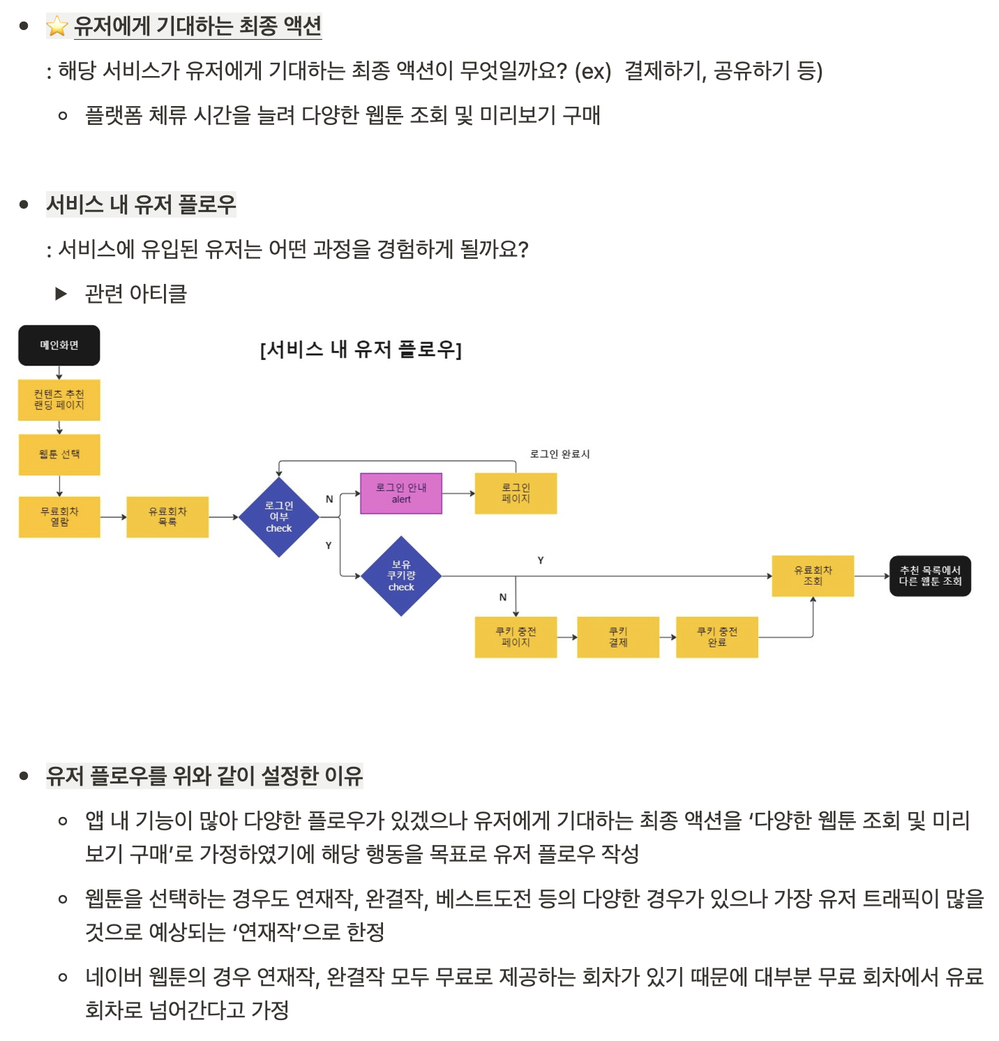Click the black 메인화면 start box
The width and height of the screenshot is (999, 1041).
[59, 345]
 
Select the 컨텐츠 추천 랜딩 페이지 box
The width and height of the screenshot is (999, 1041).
[59, 400]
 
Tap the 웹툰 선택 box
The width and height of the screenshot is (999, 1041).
[59, 455]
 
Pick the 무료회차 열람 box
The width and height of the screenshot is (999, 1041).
[59, 517]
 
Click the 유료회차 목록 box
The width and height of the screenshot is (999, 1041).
[167, 517]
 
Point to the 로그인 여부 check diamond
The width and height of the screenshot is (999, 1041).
[279, 517]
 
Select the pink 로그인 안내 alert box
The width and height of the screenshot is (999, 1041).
[401, 493]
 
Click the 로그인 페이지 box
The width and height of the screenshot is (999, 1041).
[516, 493]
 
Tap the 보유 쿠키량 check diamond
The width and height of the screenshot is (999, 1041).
[401, 576]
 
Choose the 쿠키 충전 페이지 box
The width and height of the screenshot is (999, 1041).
[516, 637]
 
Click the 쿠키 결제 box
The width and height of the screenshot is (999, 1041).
[618, 637]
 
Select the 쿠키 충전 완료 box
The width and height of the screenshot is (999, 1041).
[717, 637]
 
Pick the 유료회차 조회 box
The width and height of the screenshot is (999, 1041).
[813, 576]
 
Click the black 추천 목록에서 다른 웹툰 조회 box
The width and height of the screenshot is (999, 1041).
[930, 576]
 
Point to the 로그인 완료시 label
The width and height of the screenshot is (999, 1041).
[559, 454]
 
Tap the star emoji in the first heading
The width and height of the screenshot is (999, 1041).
[57, 27]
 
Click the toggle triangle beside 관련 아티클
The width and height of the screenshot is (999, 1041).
[61, 294]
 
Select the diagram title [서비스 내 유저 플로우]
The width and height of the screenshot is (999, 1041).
[361, 349]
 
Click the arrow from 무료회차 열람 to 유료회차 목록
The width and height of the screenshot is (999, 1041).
[113, 517]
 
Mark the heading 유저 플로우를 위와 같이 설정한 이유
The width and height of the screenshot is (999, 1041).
[204, 775]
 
